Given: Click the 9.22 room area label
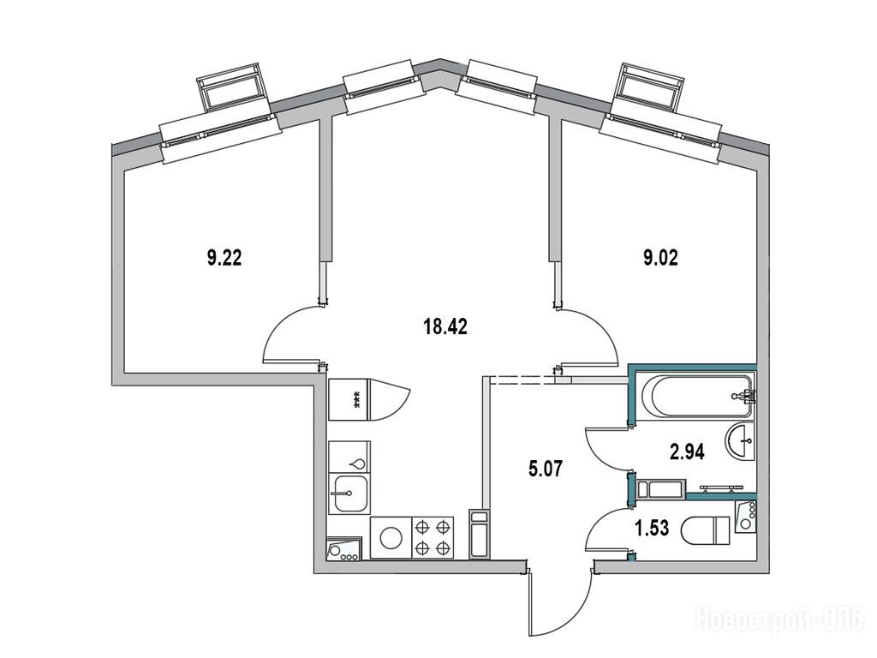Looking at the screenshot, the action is (224, 258).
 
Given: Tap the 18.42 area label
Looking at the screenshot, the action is (445, 326).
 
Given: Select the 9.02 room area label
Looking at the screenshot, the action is (660, 257).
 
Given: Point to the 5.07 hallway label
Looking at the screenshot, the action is (546, 468).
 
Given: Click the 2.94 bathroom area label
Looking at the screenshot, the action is (687, 451).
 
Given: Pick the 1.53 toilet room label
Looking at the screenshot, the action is (652, 527).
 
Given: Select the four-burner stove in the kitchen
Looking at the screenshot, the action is (433, 537).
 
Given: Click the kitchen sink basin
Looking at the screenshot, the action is (349, 494).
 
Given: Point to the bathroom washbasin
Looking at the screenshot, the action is (741, 441).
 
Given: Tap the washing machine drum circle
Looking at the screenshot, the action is (391, 538).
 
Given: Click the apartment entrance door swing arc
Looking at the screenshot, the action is (562, 604).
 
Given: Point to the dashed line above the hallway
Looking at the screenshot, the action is (522, 380).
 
